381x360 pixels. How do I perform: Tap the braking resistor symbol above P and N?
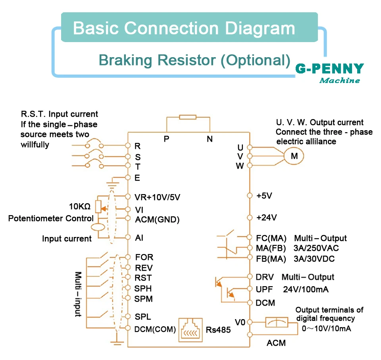[x=188, y=117]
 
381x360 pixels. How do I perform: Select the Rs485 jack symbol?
[x=190, y=330]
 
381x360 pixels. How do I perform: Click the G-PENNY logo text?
[x=330, y=68]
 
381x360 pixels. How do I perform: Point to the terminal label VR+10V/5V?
[x=158, y=197]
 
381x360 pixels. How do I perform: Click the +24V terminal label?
[x=267, y=218]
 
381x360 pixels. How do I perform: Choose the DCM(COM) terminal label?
[x=155, y=329]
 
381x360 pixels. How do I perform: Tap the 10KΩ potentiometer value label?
[x=80, y=206]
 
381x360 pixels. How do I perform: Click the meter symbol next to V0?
[x=277, y=323]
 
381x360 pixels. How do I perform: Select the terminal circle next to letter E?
[x=128, y=177]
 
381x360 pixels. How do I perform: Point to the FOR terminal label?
[x=144, y=257]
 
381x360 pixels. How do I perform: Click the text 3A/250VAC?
[x=316, y=248]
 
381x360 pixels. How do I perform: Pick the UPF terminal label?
[x=264, y=289]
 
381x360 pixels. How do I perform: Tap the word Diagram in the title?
[x=260, y=29]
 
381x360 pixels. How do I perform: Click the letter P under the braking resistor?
[x=166, y=139]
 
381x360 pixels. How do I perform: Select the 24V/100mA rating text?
[x=306, y=289]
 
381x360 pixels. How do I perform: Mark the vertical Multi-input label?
[x=78, y=294]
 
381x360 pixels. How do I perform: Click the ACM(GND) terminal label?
[x=157, y=219]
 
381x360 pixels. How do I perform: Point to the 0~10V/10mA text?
[x=326, y=328]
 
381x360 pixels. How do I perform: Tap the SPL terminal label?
[x=143, y=316]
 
